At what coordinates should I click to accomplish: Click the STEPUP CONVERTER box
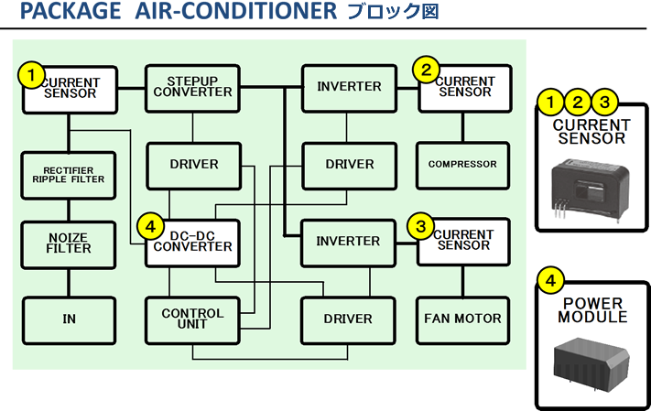[192, 88]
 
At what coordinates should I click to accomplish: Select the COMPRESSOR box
[462, 165]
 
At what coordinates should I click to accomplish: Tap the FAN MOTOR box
[462, 319]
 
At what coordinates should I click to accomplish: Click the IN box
[69, 319]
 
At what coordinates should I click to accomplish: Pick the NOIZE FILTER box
[69, 243]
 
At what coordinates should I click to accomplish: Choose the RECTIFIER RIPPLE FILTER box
[69, 174]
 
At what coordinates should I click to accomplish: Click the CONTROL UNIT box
[192, 319]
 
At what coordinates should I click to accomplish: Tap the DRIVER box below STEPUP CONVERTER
[193, 165]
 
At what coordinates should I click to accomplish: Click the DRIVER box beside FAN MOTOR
[348, 319]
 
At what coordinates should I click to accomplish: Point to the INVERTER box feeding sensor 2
[348, 87]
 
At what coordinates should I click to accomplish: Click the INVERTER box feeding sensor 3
[348, 242]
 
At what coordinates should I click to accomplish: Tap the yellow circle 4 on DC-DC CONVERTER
[150, 224]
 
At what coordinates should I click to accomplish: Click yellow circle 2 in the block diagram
[426, 70]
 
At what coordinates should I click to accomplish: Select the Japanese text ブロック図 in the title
[393, 13]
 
